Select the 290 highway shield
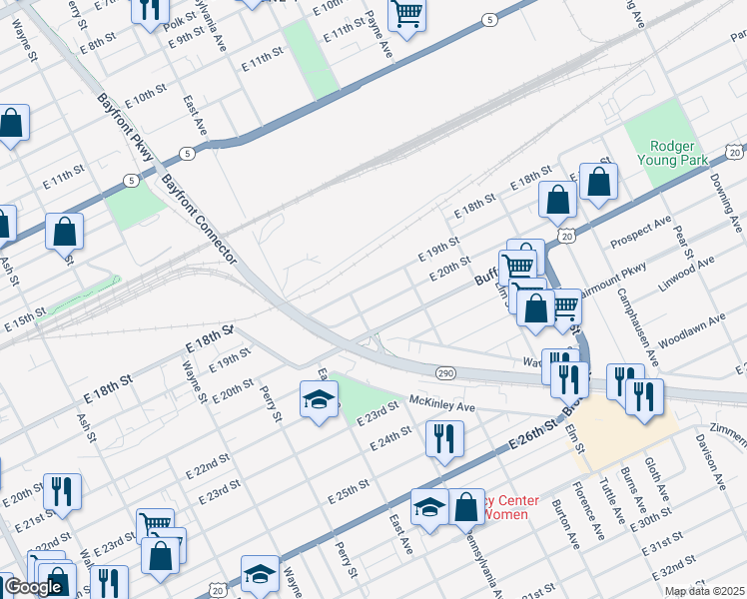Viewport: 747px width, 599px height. click(x=445, y=372)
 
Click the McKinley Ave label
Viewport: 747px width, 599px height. click(x=441, y=407)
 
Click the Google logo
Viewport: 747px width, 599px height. click(x=34, y=587)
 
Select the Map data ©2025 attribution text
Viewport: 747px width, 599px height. click(x=705, y=591)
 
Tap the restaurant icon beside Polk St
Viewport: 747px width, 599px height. click(x=150, y=10)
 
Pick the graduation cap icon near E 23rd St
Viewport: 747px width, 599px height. click(x=319, y=399)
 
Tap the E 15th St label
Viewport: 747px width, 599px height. click(x=25, y=320)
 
